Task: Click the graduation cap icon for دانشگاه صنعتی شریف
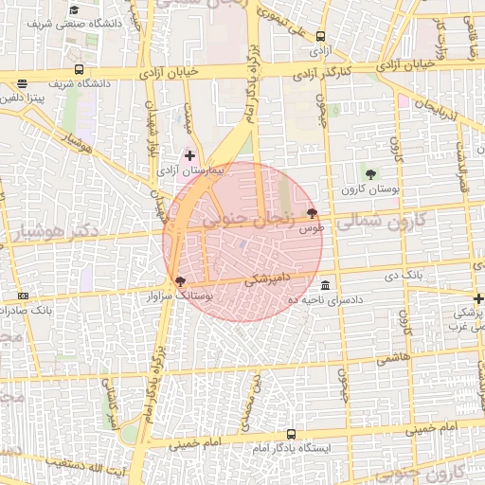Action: pos(74,10)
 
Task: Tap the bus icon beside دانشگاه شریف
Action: pos(79,70)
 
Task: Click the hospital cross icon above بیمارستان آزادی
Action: pos(189,154)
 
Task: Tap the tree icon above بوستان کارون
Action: pos(369,173)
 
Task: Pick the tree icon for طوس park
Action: pos(313,213)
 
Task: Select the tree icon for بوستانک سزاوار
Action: pos(180,280)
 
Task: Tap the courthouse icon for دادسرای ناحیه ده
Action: pos(326,285)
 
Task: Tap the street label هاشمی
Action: pos(388,358)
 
